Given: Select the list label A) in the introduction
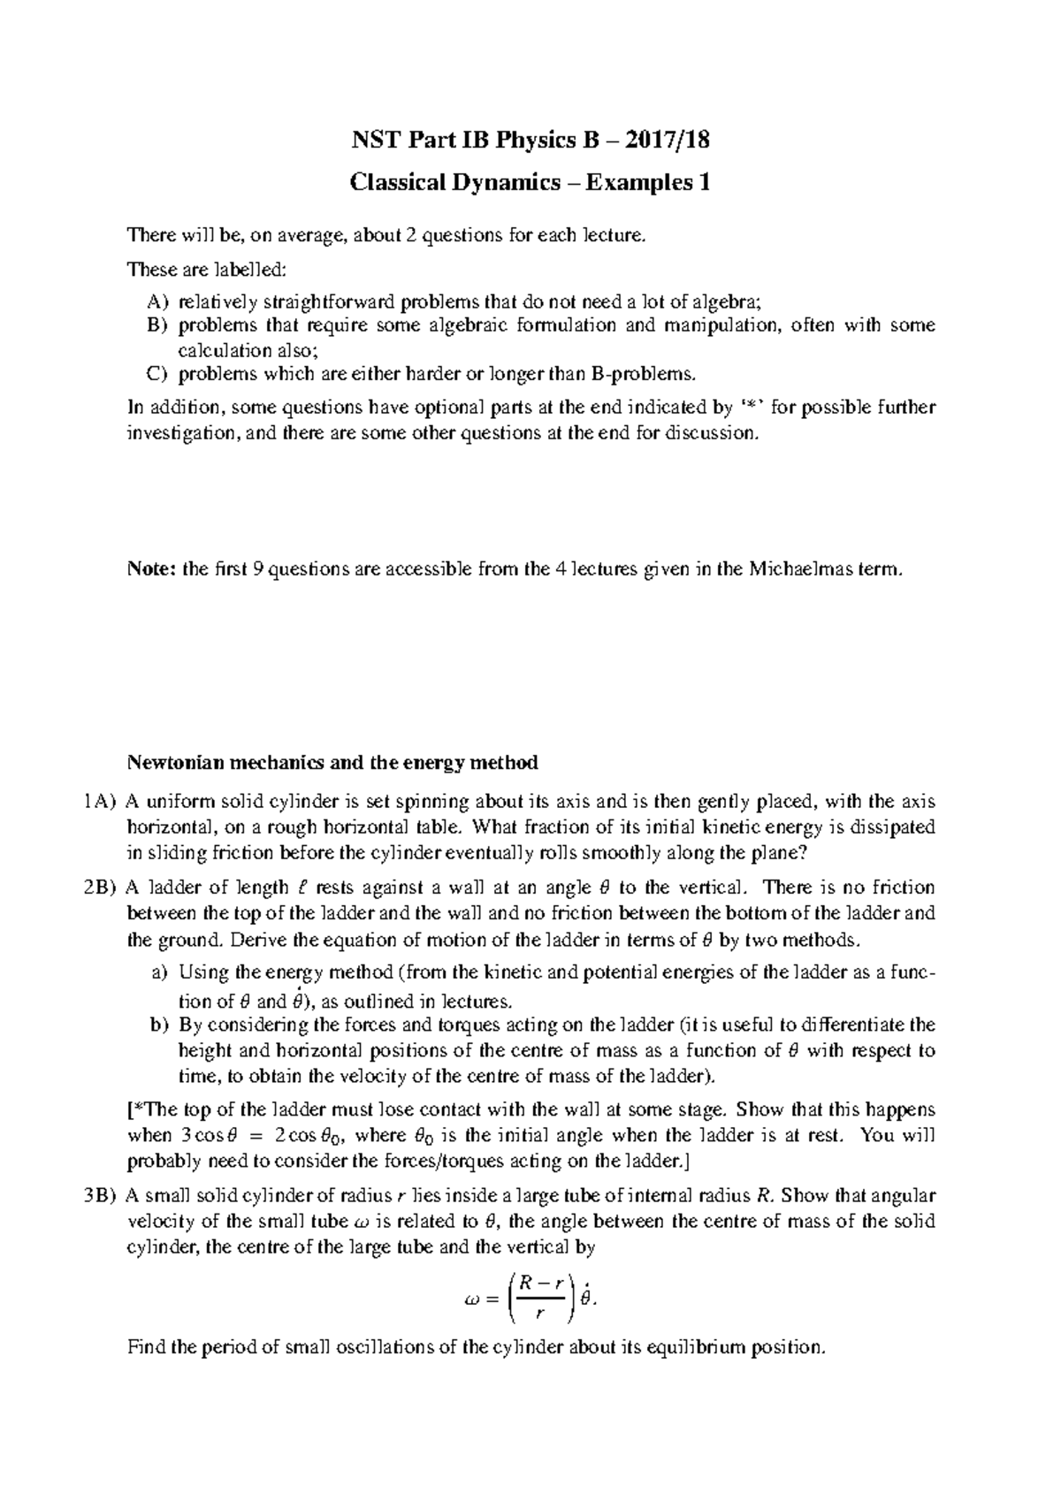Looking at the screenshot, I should [158, 301].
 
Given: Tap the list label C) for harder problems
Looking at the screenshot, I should [157, 373].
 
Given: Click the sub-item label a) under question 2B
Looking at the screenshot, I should [158, 973].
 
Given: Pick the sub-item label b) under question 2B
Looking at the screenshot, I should [158, 1025].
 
